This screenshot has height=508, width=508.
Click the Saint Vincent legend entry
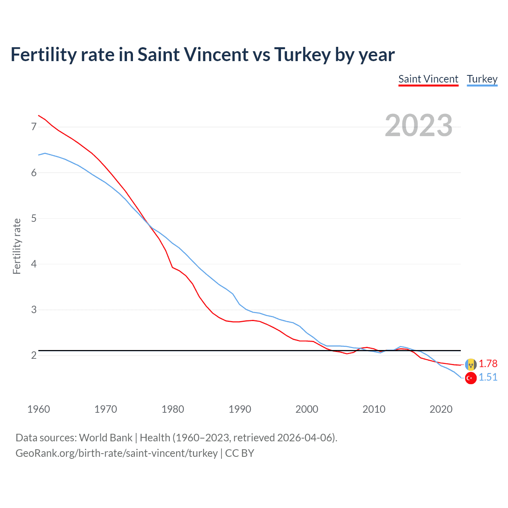pyautogui.click(x=428, y=79)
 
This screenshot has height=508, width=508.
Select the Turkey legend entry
pyautogui.click(x=482, y=79)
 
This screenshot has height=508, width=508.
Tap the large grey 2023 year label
pyautogui.click(x=418, y=125)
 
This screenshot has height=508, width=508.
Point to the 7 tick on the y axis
pyautogui.click(x=34, y=127)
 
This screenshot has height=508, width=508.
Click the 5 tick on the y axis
pyautogui.click(x=34, y=218)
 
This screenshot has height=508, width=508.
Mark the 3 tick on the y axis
pyautogui.click(x=34, y=310)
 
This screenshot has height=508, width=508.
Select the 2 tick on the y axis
pyautogui.click(x=34, y=355)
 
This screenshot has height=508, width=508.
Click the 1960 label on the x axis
pyautogui.click(x=38, y=409)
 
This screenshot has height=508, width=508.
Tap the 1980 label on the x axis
pyautogui.click(x=173, y=409)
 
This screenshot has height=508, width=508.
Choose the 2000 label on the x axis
pyautogui.click(x=307, y=409)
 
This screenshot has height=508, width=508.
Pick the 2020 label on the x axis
pyautogui.click(x=441, y=409)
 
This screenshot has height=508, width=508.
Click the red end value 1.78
pyautogui.click(x=488, y=364)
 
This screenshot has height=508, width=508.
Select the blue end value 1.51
pyautogui.click(x=488, y=377)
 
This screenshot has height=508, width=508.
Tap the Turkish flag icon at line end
pyautogui.click(x=471, y=378)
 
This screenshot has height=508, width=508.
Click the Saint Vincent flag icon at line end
pyautogui.click(x=471, y=364)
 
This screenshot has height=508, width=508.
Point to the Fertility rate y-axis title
pyautogui.click(x=17, y=246)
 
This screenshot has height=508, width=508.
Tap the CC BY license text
pyautogui.click(x=239, y=453)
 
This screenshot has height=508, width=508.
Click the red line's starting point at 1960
pyautogui.click(x=38, y=115)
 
